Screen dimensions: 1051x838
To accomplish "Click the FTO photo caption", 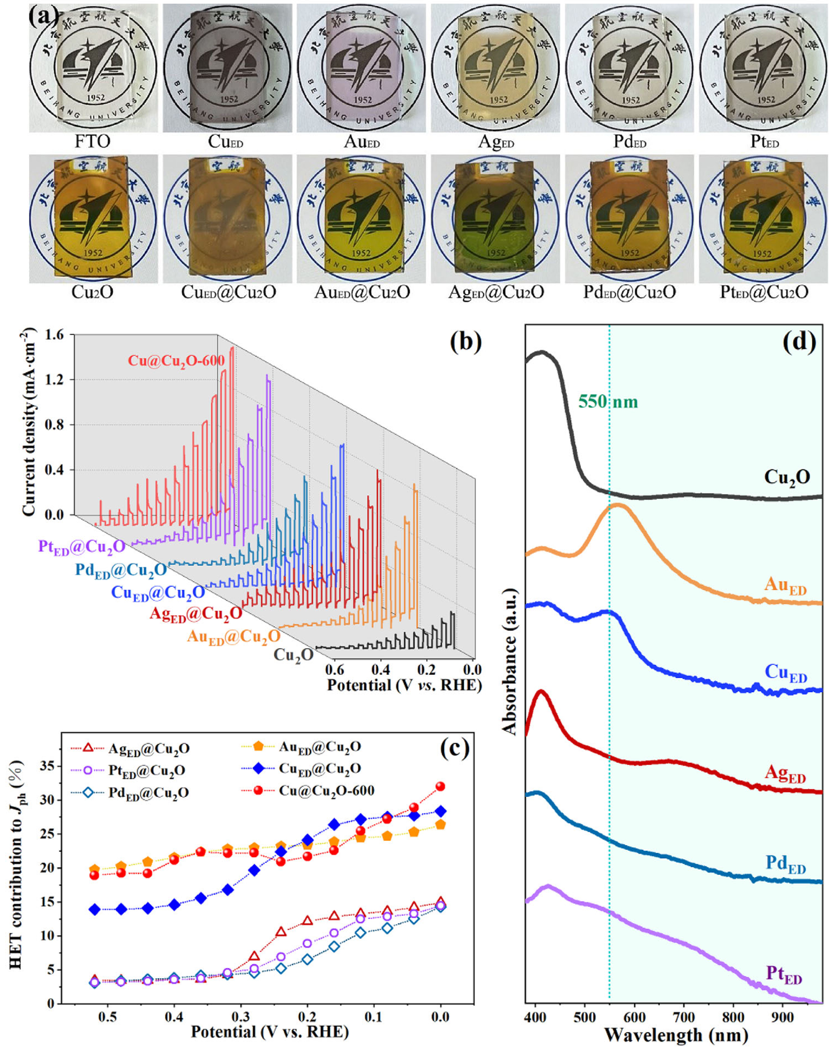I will tap(92, 142).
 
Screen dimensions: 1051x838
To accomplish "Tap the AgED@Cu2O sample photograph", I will tap(496, 219).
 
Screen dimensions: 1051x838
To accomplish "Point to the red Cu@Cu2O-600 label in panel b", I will tap(176, 361).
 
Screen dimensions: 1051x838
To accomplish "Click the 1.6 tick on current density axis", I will tap(54, 335).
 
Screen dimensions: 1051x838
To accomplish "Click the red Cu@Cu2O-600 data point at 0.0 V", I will tap(440, 786).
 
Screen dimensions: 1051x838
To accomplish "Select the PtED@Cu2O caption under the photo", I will tap(764, 293).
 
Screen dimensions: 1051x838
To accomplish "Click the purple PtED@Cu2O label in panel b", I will tap(82, 547).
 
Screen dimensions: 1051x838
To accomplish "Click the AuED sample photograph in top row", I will tap(361, 68).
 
